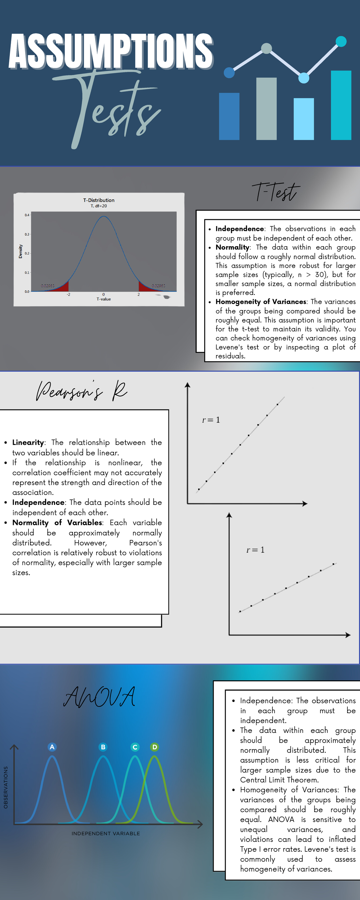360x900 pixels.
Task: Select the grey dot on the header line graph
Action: [266, 48]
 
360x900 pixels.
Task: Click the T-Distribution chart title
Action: [99, 200]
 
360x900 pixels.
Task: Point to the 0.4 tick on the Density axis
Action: [27, 215]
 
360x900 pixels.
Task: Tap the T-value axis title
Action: [103, 299]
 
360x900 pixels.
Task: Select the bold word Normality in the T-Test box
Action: [232, 247]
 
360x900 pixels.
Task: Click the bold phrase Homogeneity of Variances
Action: [260, 301]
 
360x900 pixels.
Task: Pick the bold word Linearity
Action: [28, 442]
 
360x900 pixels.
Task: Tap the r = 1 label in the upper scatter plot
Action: [211, 420]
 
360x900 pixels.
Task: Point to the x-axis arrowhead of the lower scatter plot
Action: [348, 635]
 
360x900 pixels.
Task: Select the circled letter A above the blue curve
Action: [52, 747]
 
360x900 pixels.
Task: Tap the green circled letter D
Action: [154, 747]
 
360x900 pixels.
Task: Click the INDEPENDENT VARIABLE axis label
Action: [106, 833]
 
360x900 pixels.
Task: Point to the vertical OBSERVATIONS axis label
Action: [6, 787]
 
